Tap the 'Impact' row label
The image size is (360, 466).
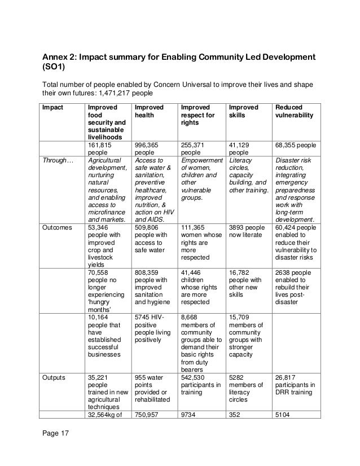[52, 107]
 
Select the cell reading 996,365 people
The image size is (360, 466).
[147, 148]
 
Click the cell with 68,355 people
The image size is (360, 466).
[295, 144]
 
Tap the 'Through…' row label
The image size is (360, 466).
[55, 160]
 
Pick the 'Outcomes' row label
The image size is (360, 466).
[55, 227]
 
